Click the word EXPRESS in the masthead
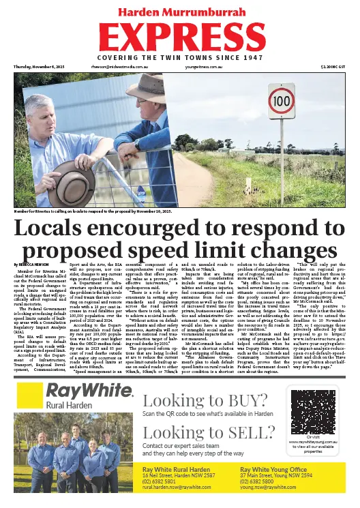click(179, 38)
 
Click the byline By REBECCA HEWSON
click(32, 264)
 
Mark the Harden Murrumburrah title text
click(179, 12)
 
